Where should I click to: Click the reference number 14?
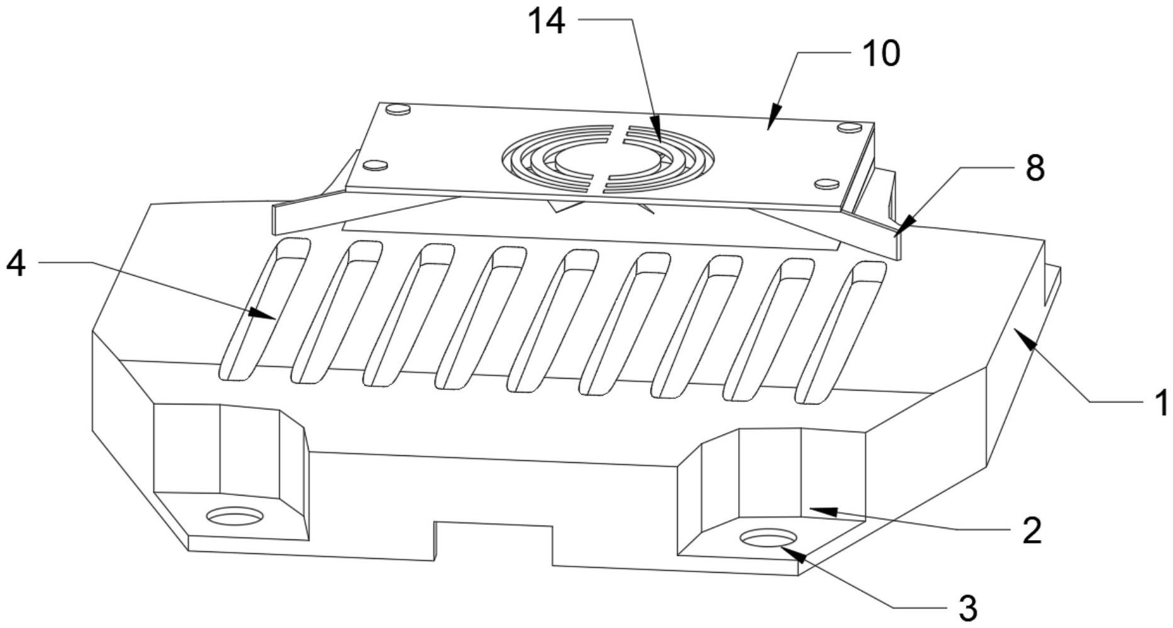pyautogui.click(x=546, y=23)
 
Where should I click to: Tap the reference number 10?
pyautogui.click(x=880, y=54)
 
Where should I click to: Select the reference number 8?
pyautogui.click(x=1035, y=168)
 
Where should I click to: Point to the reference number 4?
pyautogui.click(x=16, y=264)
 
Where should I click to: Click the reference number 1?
pyautogui.click(x=1162, y=403)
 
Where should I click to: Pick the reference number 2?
pyautogui.click(x=1032, y=531)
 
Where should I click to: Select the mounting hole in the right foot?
pyautogui.click(x=768, y=538)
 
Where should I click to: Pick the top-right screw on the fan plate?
pyautogui.click(x=849, y=127)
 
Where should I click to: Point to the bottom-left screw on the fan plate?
pyautogui.click(x=375, y=165)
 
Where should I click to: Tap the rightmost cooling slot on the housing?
pyautogui.click(x=841, y=333)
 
